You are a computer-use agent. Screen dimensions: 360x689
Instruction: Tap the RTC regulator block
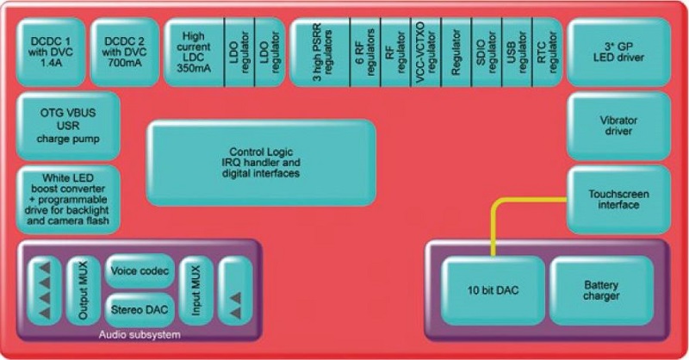[x=544, y=52]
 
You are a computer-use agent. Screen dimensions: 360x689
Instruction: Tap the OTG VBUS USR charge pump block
[x=67, y=125]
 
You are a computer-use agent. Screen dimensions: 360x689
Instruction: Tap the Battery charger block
[x=600, y=290]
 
